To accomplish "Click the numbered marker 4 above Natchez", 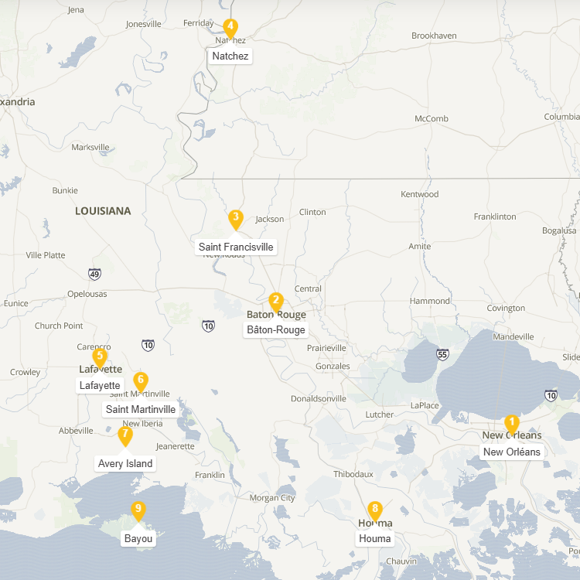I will click(230, 28).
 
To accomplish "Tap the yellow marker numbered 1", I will click(511, 423).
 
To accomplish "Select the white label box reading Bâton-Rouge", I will click(276, 329).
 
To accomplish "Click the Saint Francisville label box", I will click(236, 247).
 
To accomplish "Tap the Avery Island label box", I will click(125, 463).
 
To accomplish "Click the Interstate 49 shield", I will click(94, 273).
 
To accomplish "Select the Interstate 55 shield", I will click(442, 355).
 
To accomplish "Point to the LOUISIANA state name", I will click(103, 210).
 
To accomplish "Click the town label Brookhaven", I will click(434, 36).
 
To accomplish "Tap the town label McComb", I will click(432, 118).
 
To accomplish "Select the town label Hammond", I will click(430, 301).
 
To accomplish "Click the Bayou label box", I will click(138, 538).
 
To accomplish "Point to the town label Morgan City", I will click(272, 498).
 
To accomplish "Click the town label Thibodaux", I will click(353, 474).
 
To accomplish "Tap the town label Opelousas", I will click(87, 294).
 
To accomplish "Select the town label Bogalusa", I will click(559, 230).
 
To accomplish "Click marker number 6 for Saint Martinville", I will click(140, 380).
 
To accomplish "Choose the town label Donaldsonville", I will click(319, 399).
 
